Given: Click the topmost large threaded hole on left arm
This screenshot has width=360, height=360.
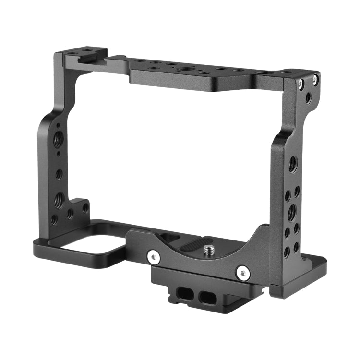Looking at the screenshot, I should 59,139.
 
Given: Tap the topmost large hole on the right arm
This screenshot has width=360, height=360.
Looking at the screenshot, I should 292,165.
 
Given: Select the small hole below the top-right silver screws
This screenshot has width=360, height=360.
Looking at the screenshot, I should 308,98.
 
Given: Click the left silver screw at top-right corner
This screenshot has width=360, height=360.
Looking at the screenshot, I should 301,84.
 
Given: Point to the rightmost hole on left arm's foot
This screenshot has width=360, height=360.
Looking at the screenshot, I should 85,208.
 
